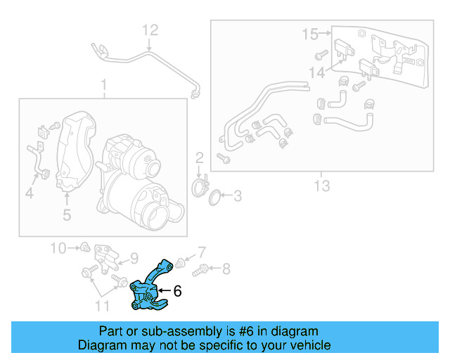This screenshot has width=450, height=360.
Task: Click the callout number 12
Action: click(x=151, y=30)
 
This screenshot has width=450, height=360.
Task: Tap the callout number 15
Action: click(x=309, y=33)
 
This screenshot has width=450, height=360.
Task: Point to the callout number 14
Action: click(x=318, y=72)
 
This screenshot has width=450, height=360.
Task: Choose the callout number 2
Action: click(x=199, y=157)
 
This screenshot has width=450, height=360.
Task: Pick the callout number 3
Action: click(x=237, y=196)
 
